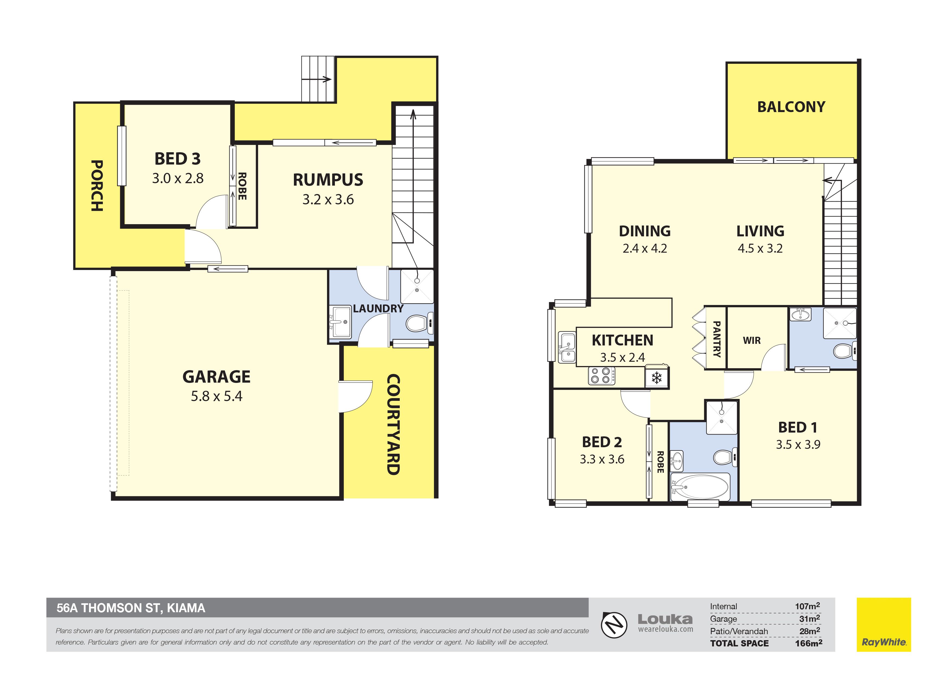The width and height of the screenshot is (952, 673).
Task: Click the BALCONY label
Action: (x=791, y=107)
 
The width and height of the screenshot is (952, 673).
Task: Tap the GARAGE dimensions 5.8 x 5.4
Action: (x=217, y=396)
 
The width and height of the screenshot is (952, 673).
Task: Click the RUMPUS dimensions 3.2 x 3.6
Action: (x=328, y=199)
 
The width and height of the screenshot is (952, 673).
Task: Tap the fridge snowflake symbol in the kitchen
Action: (x=656, y=378)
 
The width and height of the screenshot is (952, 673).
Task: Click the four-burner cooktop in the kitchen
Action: (x=601, y=376)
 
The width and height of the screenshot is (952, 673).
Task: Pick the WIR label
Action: (x=752, y=341)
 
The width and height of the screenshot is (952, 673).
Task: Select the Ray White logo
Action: (x=884, y=624)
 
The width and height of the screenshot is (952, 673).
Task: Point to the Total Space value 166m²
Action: (x=808, y=643)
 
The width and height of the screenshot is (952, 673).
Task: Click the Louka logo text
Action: (x=665, y=620)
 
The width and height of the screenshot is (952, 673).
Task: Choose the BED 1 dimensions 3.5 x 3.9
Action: (x=798, y=445)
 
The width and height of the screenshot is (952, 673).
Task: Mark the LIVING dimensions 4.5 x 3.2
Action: (x=760, y=248)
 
